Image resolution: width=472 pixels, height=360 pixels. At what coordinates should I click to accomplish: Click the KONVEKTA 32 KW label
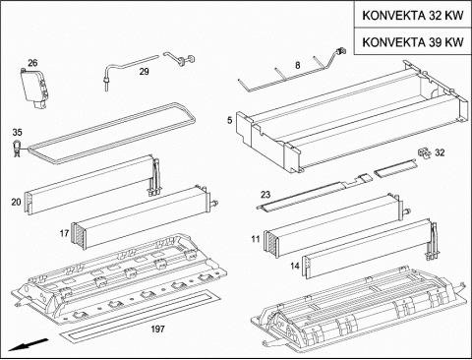pos(413,16)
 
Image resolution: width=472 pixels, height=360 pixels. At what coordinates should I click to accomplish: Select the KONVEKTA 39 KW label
pos(413,42)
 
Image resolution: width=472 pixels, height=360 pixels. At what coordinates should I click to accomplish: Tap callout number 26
pos(32,63)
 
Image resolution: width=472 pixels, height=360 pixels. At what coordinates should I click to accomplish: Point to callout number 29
pos(145,71)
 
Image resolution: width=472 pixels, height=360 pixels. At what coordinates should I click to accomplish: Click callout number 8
pos(297,65)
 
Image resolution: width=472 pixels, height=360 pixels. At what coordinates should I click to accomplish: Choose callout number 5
pos(230,120)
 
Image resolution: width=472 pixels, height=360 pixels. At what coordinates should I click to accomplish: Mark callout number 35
pos(17,132)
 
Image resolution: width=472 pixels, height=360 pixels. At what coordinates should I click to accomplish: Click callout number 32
pos(440,152)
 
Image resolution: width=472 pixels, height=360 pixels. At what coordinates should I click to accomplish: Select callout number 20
pos(16,202)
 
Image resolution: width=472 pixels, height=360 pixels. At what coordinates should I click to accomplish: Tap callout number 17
pos(64,233)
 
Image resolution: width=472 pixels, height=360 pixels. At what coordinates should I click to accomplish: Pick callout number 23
pos(265,195)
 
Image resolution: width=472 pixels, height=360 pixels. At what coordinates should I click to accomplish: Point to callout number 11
pos(256,239)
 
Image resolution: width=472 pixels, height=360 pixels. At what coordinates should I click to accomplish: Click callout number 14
pos(295,266)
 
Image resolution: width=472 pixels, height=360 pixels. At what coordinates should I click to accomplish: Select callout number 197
pos(157,329)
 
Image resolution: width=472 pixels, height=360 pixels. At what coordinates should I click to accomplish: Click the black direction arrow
pos(29,344)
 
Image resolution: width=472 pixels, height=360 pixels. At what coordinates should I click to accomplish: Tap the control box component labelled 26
pos(34,87)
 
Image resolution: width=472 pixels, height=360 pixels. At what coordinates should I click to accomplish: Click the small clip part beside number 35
pos(16,149)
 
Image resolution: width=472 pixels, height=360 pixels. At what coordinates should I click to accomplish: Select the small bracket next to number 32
pos(424,152)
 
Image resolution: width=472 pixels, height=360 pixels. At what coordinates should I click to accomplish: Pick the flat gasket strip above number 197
pos(140,317)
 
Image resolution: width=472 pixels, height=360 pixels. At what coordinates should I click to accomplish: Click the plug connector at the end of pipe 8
pos(343,51)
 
